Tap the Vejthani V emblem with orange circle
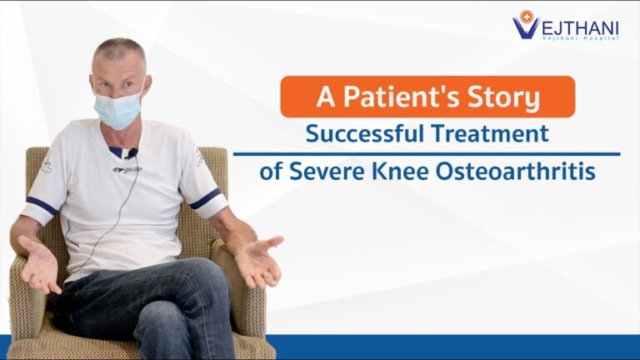tap(525, 24)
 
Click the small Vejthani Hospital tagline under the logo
tap(580, 37)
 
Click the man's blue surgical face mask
tap(118, 109)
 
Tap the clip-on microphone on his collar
tap(132, 153)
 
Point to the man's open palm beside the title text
tap(258, 261)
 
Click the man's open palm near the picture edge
tap(39, 265)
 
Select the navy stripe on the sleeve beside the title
tap(207, 199)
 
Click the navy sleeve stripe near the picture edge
tap(42, 205)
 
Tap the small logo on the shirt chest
tap(127, 169)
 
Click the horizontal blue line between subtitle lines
tap(427, 154)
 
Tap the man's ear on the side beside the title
tap(147, 84)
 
